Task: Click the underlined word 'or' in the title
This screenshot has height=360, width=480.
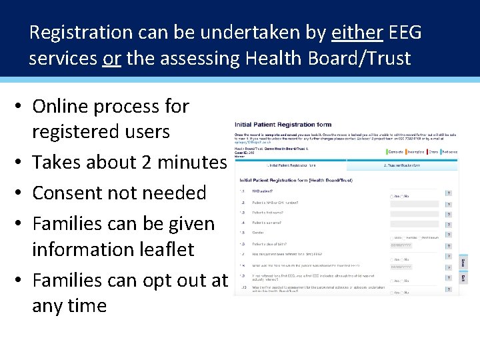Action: pos(111,59)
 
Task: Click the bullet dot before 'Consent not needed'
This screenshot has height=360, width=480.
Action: pos(21,193)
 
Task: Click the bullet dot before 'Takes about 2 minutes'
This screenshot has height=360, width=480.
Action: pos(21,162)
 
